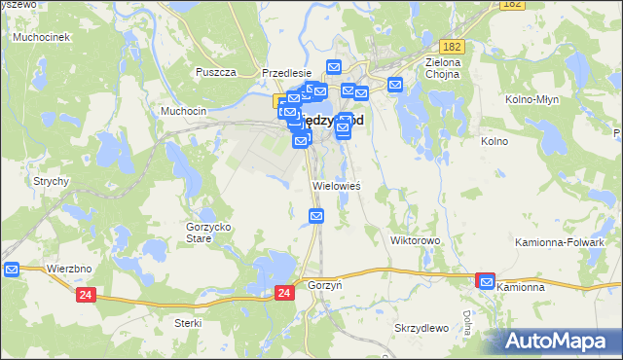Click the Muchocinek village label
(38, 37)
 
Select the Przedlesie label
(286, 73)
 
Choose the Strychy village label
(50, 182)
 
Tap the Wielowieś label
(336, 185)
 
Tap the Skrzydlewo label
(420, 328)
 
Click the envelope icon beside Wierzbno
(12, 270)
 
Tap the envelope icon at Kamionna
(486, 281)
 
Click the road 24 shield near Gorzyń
(283, 292)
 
